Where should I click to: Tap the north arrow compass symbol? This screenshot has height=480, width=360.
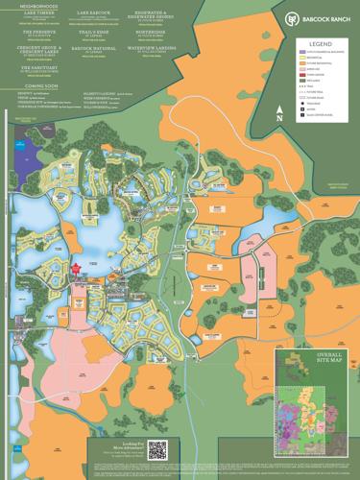[278, 111]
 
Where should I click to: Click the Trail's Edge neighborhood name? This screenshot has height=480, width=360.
[94, 33]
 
